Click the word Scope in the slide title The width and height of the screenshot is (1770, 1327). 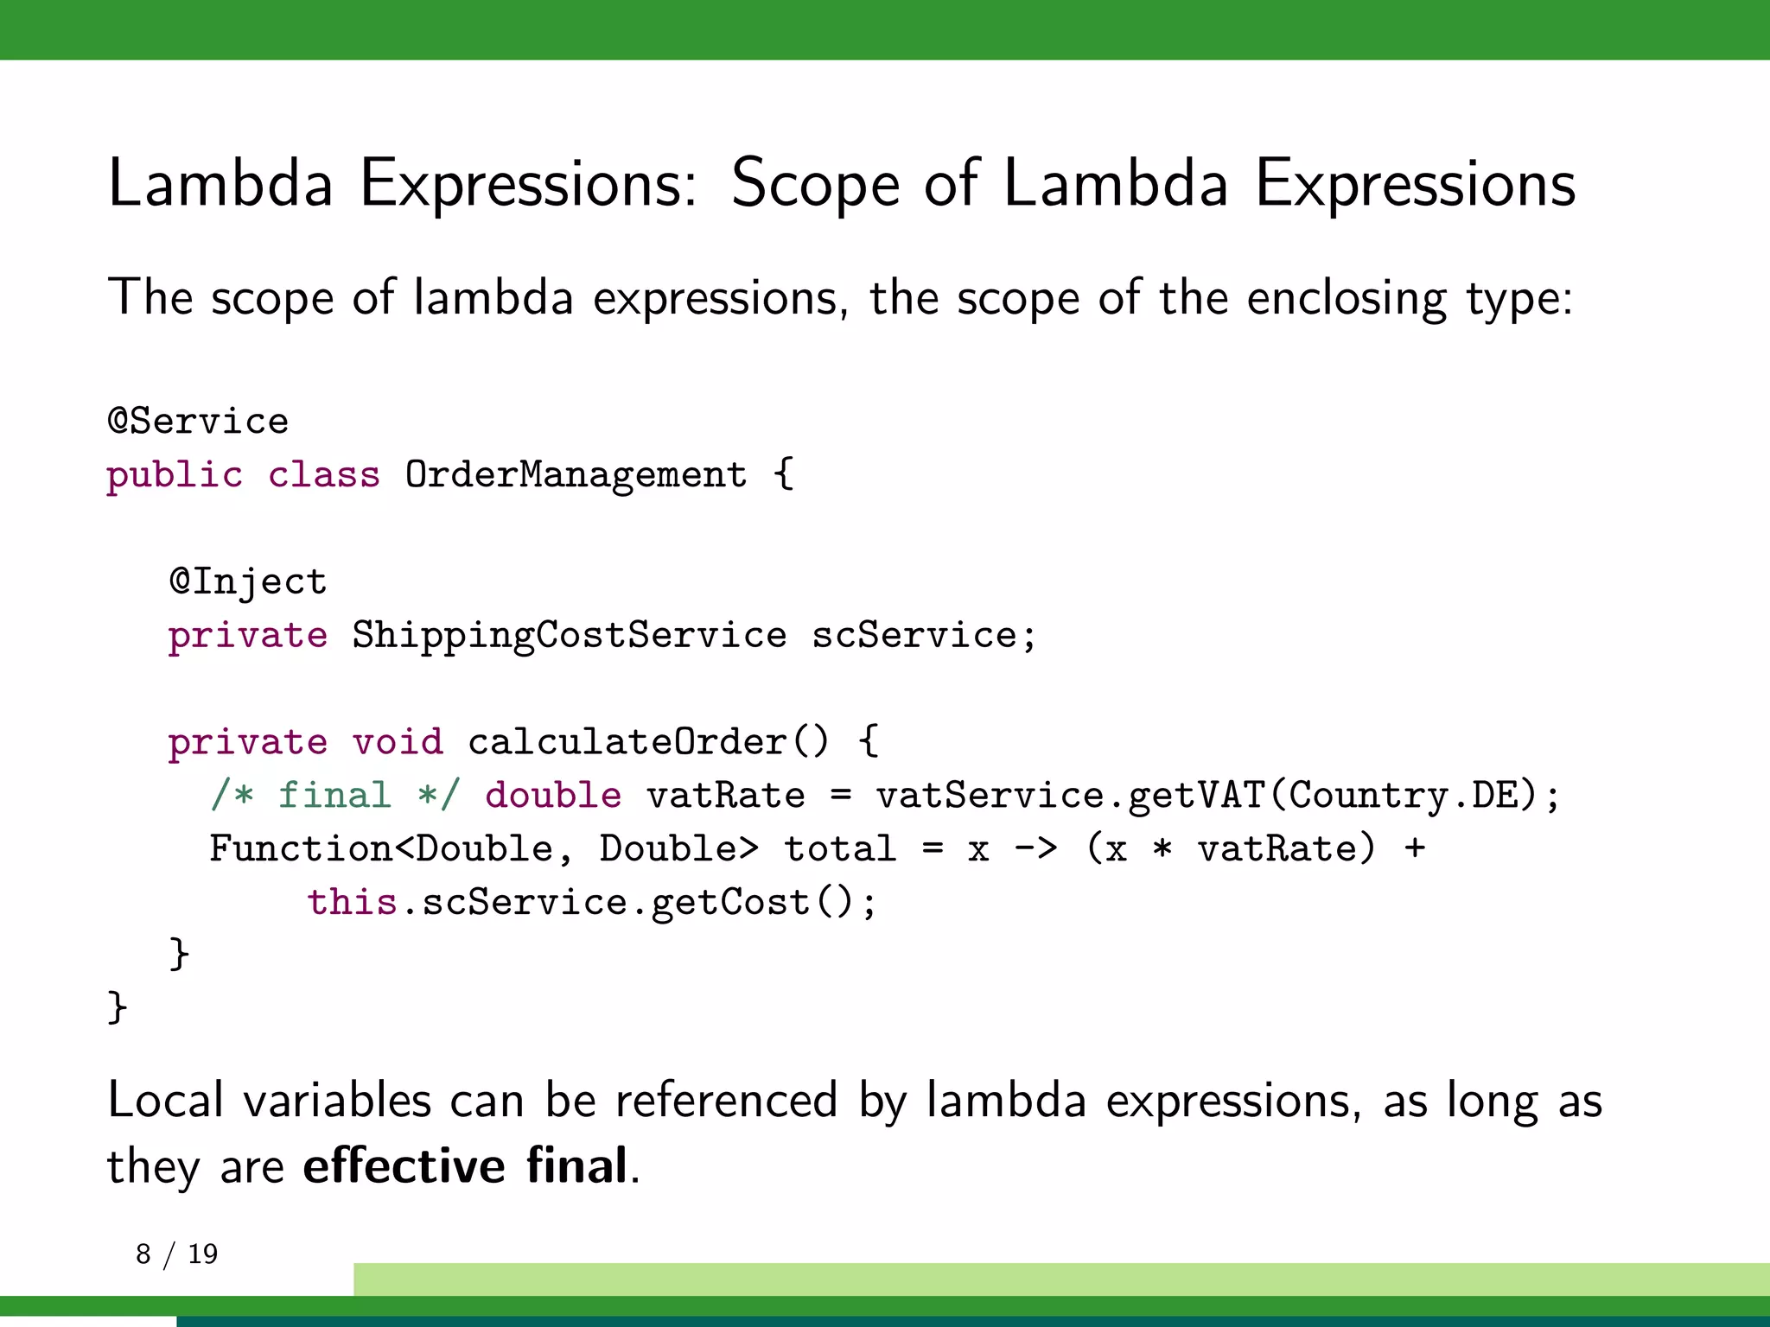pyautogui.click(x=815, y=184)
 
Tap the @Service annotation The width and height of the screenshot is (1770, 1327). pyautogui.click(x=198, y=422)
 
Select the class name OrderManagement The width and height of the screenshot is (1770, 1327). pyautogui.click(x=576, y=475)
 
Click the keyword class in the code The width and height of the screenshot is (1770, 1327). pyautogui.click(x=324, y=475)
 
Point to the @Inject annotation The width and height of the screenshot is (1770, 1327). pyautogui.click(x=248, y=582)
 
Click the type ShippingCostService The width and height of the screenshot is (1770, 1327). pyautogui.click(x=569, y=636)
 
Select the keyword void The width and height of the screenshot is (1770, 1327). pyautogui.click(x=398, y=742)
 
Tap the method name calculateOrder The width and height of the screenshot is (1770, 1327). pyautogui.click(x=627, y=742)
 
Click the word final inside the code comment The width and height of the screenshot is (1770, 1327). pyautogui.click(x=334, y=796)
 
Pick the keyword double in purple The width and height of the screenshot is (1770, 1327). pyautogui.click(x=553, y=796)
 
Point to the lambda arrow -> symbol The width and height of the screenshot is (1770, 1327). pyautogui.click(x=1035, y=849)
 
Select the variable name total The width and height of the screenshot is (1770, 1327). pyautogui.click(x=839, y=849)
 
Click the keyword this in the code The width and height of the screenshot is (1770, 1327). pyautogui.click(x=352, y=903)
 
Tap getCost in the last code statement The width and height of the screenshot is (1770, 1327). pyautogui.click(x=729, y=903)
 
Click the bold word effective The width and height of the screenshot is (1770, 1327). pyautogui.click(x=404, y=1165)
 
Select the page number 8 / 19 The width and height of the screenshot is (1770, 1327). pyautogui.click(x=177, y=1254)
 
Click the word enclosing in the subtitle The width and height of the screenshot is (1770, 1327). pyautogui.click(x=1347, y=299)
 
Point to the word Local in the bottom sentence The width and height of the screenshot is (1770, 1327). pyautogui.click(x=166, y=1101)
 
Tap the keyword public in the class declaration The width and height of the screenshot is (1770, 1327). pyautogui.click(x=175, y=475)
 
